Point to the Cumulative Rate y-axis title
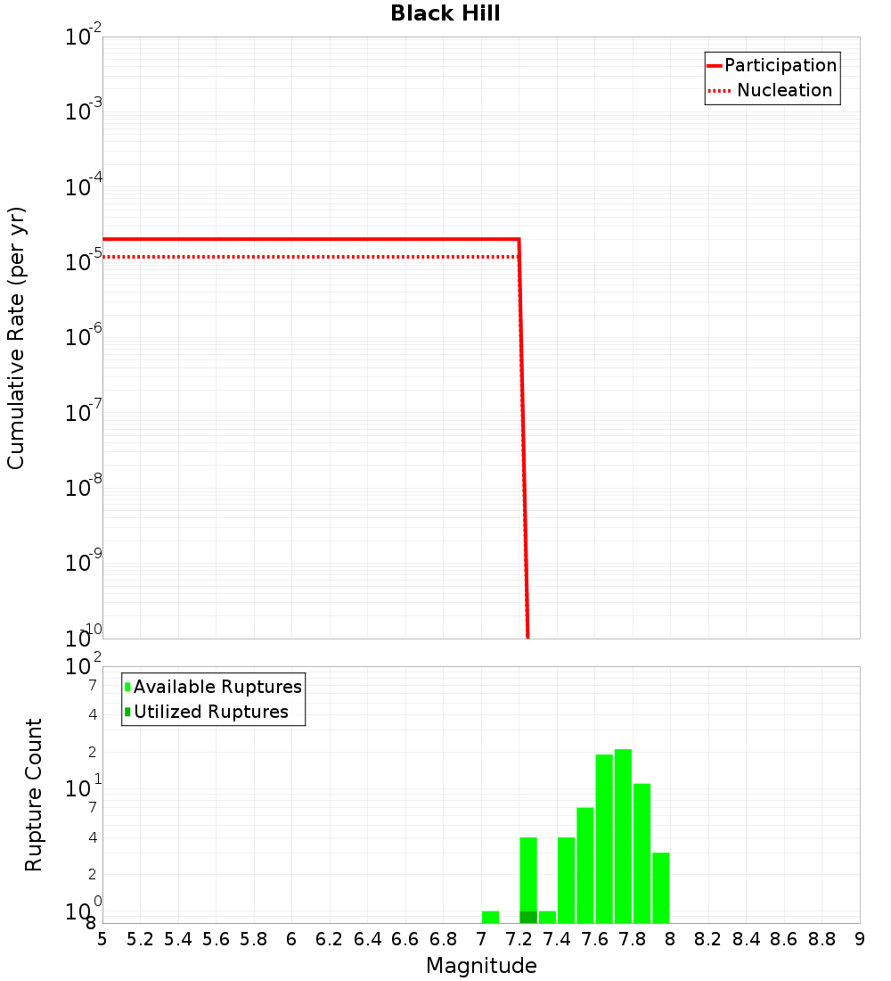pos(16,338)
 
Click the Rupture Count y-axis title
pos(34,795)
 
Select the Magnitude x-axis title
pos(481,966)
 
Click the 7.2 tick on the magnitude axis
pos(519,939)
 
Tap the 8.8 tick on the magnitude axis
pos(822,939)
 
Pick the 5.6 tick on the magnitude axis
pos(216,939)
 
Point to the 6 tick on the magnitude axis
pos(291,939)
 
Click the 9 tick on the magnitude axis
pos(859,939)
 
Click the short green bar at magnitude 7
pos(490,917)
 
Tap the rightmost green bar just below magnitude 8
pos(660,887)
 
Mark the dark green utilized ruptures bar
pos(528,917)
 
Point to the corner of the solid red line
pos(519,239)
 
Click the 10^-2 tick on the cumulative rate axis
pos(84,37)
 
